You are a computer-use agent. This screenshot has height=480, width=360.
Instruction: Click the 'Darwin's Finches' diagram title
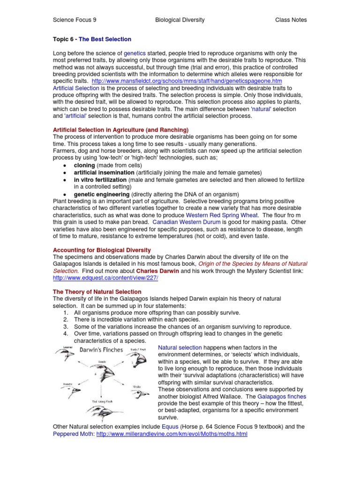[101, 350]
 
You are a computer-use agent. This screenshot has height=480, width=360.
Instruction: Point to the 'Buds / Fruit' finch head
[139, 362]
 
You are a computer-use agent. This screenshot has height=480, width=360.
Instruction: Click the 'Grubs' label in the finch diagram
[136, 387]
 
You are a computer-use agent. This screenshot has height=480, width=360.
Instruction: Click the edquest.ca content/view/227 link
[106, 278]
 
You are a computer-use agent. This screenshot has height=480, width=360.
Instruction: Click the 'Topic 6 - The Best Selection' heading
[92, 39]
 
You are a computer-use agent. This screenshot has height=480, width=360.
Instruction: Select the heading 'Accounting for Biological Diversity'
[102, 250]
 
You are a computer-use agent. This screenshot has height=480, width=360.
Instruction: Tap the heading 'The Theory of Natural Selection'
[97, 292]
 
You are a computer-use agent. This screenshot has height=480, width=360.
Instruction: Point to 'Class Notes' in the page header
[291, 20]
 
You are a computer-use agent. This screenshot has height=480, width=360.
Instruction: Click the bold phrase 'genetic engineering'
[102, 194]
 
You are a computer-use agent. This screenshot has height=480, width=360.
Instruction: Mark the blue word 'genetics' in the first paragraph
[135, 53]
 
